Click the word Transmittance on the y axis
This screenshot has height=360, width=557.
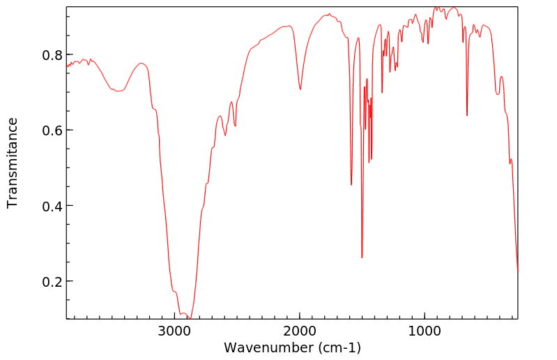click(13, 163)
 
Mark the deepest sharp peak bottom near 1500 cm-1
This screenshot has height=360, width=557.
click(362, 257)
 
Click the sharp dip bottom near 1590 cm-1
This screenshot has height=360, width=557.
click(351, 185)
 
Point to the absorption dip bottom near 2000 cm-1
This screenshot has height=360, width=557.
click(300, 89)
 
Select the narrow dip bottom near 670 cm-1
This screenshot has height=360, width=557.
click(467, 115)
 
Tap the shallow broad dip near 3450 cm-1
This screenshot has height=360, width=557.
click(118, 91)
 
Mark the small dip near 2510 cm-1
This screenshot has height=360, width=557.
click(236, 126)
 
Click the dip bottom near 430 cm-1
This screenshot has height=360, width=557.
click(510, 163)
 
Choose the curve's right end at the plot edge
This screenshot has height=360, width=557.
click(517, 271)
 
